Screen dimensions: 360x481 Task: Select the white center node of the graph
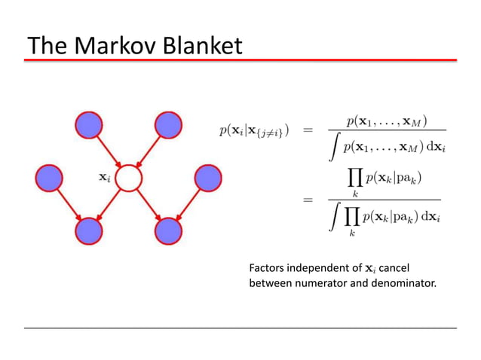coord(129,178)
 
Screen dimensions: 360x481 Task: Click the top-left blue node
coord(88,124)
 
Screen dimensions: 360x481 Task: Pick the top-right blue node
coord(169,124)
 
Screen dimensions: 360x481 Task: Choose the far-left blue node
coord(48,178)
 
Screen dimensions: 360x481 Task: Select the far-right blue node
coord(209,178)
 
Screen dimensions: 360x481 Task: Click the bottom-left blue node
coord(89,230)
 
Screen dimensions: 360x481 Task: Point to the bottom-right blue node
coord(169,230)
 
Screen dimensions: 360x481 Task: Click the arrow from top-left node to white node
coord(108,150)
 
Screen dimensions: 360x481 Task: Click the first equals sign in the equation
coord(308,131)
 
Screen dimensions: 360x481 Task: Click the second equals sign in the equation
coord(308,200)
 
